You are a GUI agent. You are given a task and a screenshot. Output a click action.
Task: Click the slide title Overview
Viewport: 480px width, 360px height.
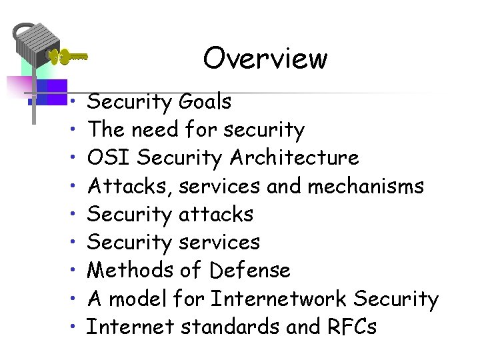click(x=265, y=58)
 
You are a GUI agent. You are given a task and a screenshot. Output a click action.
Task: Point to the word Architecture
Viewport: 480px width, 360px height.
click(x=294, y=158)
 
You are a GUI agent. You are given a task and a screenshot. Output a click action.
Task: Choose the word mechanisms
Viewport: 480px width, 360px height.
click(x=365, y=186)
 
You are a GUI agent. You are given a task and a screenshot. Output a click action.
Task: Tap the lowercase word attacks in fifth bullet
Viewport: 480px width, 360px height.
click(x=217, y=215)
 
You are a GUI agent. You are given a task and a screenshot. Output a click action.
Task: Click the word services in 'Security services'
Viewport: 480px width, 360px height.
click(x=219, y=243)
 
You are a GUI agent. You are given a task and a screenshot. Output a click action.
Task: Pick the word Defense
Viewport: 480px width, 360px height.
click(x=250, y=271)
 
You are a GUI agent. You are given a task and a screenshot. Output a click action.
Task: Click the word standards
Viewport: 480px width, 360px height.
click(x=223, y=327)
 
